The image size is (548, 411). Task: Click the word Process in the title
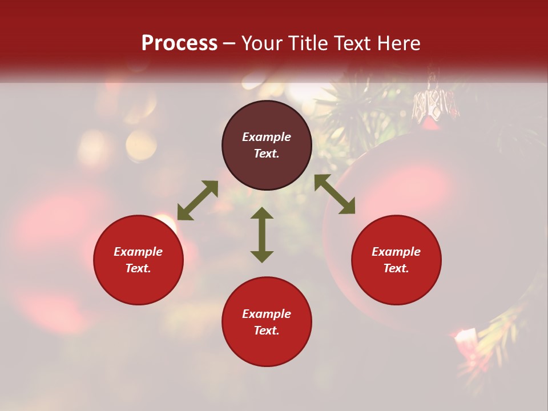click(179, 43)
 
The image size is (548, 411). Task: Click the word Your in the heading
click(260, 43)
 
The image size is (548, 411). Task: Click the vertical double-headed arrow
click(262, 235)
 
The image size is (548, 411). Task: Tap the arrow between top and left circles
click(198, 200)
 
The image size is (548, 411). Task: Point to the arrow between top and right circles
click(335, 194)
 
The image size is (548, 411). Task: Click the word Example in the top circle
click(267, 137)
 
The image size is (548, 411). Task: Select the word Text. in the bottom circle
click(267, 331)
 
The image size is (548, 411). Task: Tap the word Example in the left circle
click(138, 252)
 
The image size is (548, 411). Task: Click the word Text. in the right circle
click(396, 268)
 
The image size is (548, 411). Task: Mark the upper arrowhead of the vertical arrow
click(262, 214)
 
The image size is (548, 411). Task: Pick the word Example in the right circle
click(396, 252)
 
